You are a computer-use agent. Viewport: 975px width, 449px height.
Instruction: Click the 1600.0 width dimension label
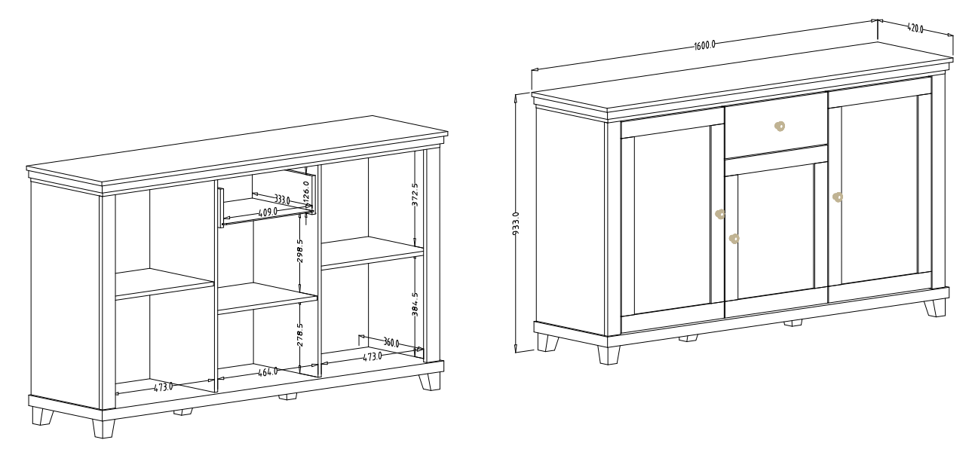point(705,44)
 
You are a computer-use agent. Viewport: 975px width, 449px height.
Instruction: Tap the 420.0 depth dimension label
point(915,29)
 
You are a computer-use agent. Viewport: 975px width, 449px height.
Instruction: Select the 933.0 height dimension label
point(516,224)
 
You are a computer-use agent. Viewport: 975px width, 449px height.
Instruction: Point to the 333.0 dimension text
point(282,200)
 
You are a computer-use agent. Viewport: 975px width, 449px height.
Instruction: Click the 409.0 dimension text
point(268,212)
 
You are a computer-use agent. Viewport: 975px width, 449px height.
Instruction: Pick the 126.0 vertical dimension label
point(306,191)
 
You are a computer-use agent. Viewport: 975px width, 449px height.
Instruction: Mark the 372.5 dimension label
point(415,194)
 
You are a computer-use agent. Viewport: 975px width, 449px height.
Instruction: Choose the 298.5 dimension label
point(300,251)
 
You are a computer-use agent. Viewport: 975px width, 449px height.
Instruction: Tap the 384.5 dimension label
point(415,304)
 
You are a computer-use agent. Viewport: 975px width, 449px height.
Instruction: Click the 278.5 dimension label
point(300,334)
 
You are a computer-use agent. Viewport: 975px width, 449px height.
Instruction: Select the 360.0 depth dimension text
point(391,343)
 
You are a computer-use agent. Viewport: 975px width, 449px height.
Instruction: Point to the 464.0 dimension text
point(268,372)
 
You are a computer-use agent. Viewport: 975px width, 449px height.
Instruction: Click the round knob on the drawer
point(780,127)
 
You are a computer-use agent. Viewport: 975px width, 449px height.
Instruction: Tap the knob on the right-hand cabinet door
point(838,197)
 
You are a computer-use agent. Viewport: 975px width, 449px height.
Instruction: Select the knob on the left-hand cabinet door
point(720,214)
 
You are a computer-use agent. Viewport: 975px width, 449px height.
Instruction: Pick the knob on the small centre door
point(734,239)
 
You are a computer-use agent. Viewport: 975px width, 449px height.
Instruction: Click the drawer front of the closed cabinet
point(776,127)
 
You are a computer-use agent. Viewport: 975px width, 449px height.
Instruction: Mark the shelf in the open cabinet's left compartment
point(164,283)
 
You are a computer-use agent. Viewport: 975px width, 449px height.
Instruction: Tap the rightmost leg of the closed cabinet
point(935,307)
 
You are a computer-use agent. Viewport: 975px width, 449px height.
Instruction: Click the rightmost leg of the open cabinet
point(430,382)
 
